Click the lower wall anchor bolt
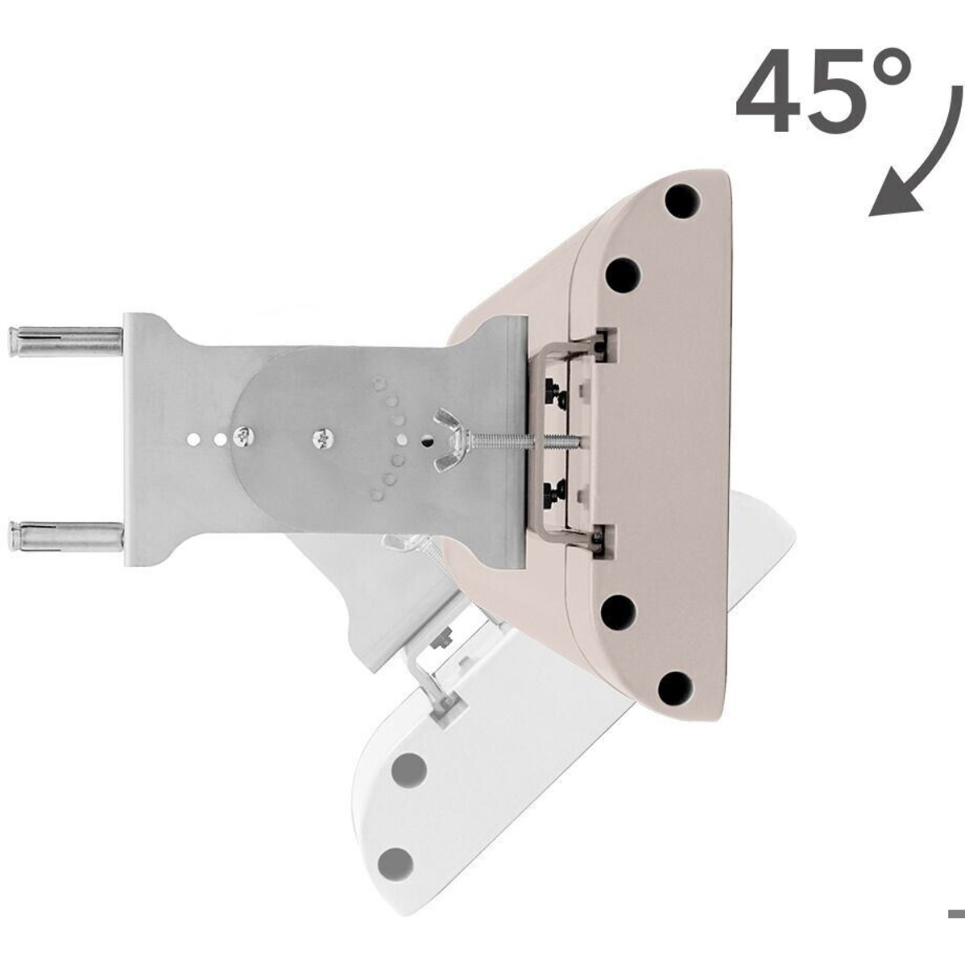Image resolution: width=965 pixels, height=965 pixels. click(x=64, y=536)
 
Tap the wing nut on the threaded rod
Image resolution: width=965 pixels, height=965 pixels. click(x=453, y=440)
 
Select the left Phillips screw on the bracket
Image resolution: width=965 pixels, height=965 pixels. click(x=244, y=437)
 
